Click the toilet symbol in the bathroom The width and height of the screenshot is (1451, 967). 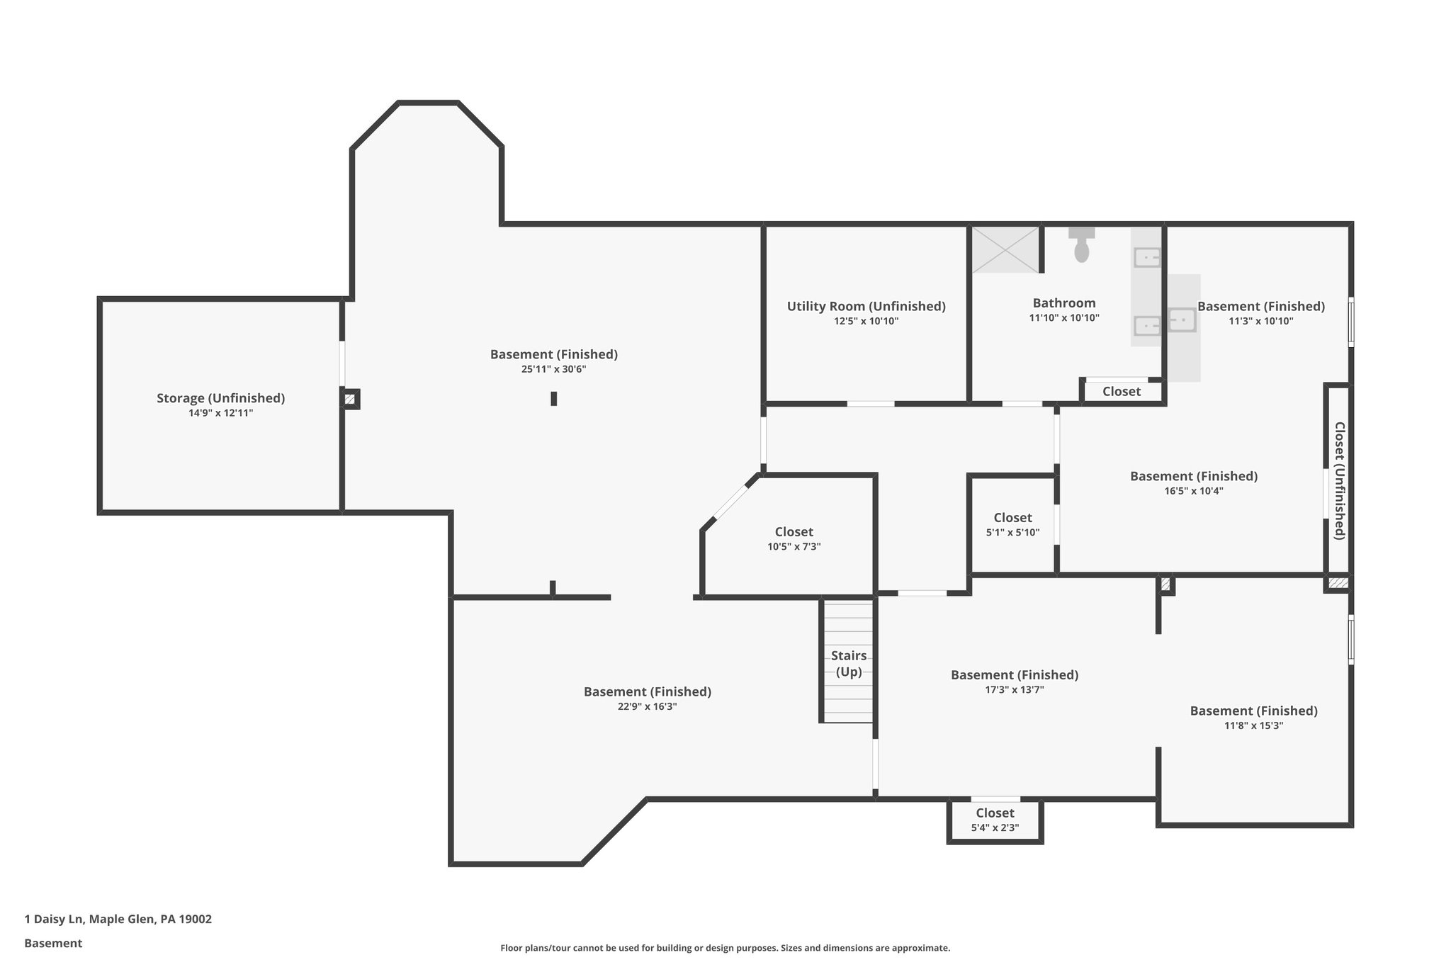point(1081,246)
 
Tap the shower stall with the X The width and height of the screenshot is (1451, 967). point(1005,249)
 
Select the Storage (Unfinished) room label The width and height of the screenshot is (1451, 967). point(220,398)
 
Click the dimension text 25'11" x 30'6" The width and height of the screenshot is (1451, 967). point(553,369)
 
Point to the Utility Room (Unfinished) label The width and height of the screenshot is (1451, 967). point(866,306)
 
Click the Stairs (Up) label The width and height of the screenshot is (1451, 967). point(848,663)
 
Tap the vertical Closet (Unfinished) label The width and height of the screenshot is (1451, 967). point(1339,480)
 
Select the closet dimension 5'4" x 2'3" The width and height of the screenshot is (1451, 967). point(995,827)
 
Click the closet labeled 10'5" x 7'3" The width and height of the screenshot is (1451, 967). point(794,538)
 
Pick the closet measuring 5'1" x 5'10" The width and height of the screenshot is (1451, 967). point(1012,524)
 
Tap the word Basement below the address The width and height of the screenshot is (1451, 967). point(53,943)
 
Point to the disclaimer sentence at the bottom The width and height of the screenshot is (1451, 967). point(725,948)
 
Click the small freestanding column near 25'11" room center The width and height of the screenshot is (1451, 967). point(554,399)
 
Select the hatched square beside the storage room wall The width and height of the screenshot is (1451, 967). point(350,400)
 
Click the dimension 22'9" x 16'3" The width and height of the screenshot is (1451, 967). point(647,706)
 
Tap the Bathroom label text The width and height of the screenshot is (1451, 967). point(1063,303)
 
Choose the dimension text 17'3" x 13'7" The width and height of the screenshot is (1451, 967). point(1014,689)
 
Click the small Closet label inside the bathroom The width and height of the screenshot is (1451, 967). point(1121,392)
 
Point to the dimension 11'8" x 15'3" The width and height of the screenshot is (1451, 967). point(1253,725)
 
